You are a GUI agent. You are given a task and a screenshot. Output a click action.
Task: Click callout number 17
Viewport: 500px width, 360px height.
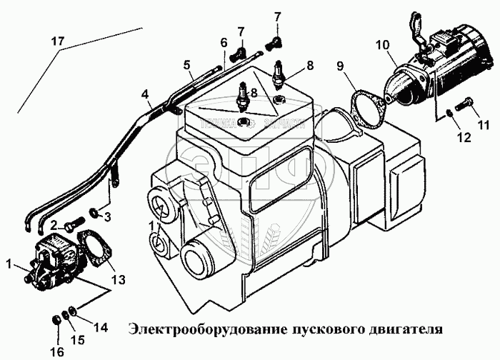[x=56, y=41]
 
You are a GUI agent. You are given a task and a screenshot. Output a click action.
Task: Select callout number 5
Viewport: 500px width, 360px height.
[x=187, y=66]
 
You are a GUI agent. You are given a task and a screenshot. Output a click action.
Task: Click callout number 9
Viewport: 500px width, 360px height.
[x=340, y=67]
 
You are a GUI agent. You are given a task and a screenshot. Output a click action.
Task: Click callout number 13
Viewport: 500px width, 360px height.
[x=119, y=277]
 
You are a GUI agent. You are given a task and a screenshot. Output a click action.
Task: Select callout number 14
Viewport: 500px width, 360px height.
[x=100, y=328]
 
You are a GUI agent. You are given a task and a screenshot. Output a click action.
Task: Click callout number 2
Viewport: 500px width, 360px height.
[x=54, y=224]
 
